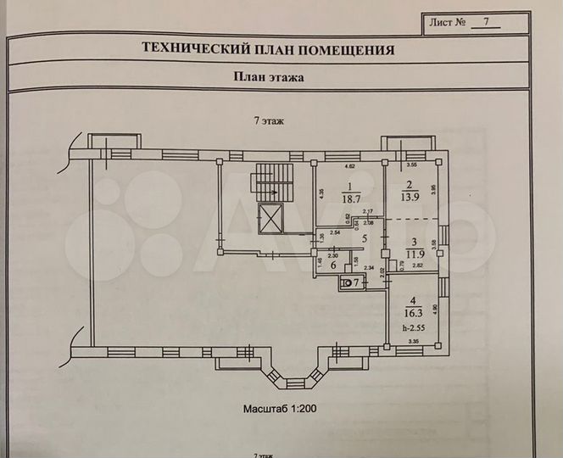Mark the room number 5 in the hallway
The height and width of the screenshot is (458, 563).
click(364, 238)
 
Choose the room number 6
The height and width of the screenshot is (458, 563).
click(332, 265)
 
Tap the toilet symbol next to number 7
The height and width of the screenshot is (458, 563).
click(346, 282)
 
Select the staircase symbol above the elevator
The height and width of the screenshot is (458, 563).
click(270, 182)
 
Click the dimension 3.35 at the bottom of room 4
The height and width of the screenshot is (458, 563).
click(413, 341)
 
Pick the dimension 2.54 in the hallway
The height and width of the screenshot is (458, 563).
click(335, 232)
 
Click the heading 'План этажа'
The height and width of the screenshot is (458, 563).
click(269, 75)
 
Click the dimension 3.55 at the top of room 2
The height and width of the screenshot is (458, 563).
click(413, 167)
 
